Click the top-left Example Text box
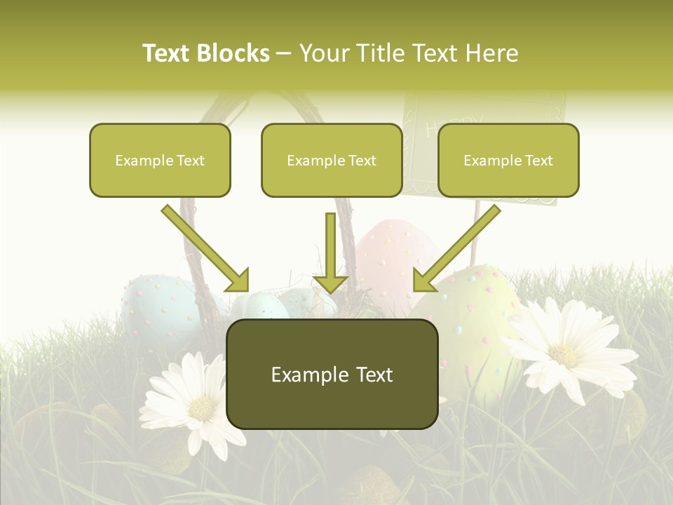pos(160,160)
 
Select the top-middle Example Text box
pos(332,160)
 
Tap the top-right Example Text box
pos(508,160)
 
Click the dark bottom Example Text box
pos(332,375)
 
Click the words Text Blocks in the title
pos(205,53)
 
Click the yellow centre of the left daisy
pos(202,407)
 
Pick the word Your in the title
pos(322,53)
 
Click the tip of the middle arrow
pos(330,290)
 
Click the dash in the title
pos(285,54)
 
